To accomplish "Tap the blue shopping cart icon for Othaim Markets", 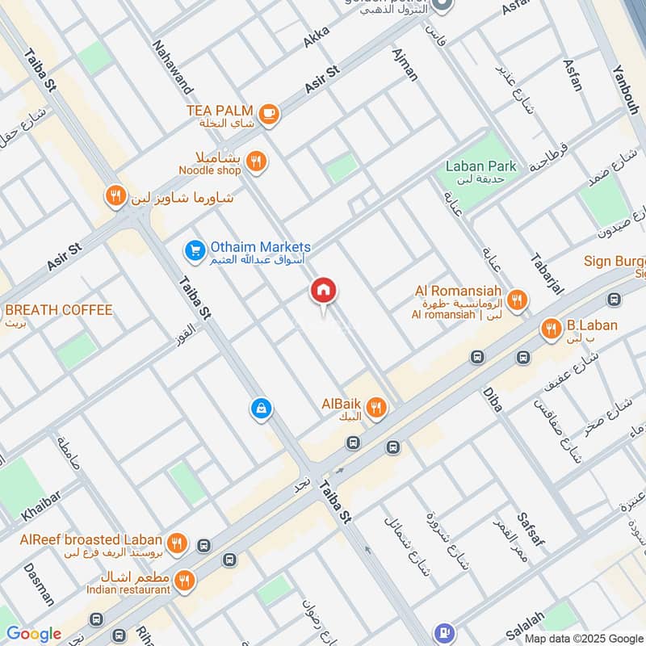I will coord(195,252).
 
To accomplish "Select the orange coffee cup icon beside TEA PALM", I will coord(270,115).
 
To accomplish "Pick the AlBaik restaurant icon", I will coord(375,409).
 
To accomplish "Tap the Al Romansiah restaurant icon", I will coord(518,301).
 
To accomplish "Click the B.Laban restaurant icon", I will coord(552,327).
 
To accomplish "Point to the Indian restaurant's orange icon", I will coord(185,580).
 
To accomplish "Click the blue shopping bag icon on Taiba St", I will coord(260,409).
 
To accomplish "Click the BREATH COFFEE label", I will coord(59,310).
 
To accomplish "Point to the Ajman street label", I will coord(405,64).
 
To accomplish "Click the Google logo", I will coord(33,634).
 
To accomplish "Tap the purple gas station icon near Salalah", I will coord(443,632).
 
